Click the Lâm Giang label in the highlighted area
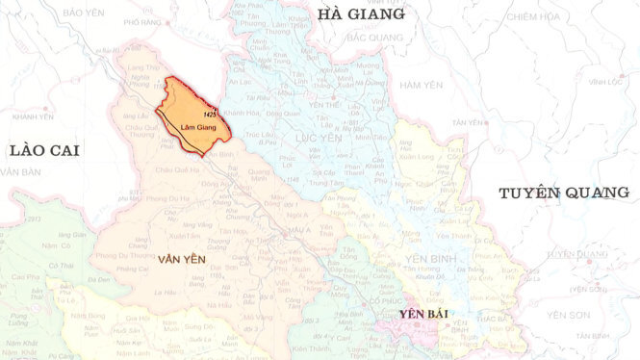tap(190, 125)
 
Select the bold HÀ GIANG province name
tap(361, 14)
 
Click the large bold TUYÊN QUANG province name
tap(563, 193)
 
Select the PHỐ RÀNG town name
tap(143, 21)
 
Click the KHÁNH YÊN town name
tap(34, 116)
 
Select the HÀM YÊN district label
tap(420, 86)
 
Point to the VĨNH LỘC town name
tap(605, 82)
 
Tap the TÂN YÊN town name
tap(468, 122)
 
